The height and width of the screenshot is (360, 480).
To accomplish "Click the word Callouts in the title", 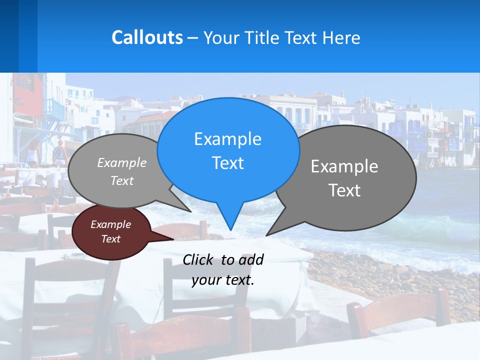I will tap(147, 37).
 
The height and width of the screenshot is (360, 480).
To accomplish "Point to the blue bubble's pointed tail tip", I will tap(230, 230).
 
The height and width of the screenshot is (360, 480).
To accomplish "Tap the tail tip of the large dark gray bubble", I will tap(267, 235).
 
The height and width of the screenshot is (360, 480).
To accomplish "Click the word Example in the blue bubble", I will tap(228, 139).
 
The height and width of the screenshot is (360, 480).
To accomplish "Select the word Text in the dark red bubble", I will tap(111, 239).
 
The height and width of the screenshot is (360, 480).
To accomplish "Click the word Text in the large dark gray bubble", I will tap(344, 190).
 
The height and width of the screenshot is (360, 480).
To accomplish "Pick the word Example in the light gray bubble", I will tap(122, 162).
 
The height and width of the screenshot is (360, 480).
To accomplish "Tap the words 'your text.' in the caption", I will tap(223, 280).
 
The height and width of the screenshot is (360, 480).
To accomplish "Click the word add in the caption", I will tap(251, 259).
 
